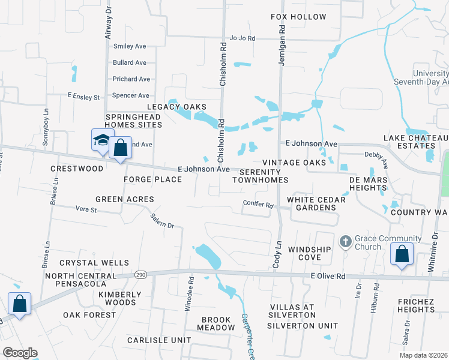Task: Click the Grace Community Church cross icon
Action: [x=345, y=241]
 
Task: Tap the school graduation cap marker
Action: [x=101, y=141]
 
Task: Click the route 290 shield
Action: [x=140, y=274]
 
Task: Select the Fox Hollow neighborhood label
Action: [x=298, y=17]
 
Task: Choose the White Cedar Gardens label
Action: [x=311, y=203]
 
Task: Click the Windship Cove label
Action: [x=309, y=253]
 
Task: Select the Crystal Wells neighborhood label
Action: [x=94, y=263]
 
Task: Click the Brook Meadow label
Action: [x=218, y=324]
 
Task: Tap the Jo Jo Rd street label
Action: [x=243, y=38]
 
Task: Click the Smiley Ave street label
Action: [x=130, y=46]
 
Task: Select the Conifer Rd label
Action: [x=258, y=204]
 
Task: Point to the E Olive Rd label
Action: [x=328, y=276]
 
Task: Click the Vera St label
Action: [x=86, y=209]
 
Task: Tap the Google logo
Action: [x=20, y=352]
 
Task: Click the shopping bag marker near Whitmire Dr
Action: [x=402, y=254]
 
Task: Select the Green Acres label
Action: [x=124, y=199]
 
